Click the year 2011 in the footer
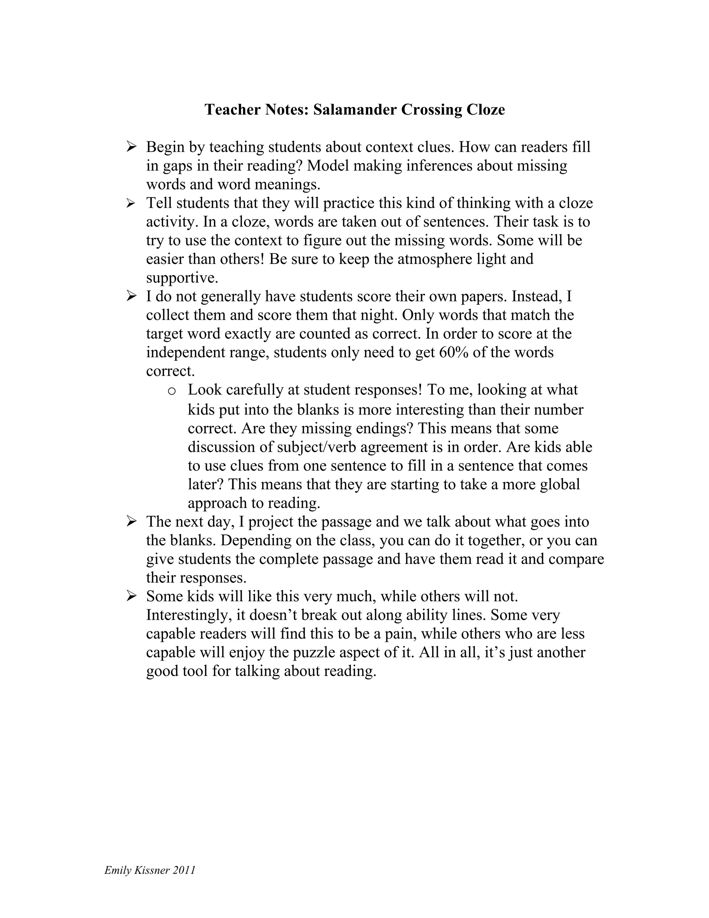tap(183, 870)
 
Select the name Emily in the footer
tap(118, 870)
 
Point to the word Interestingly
tap(189, 615)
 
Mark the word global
tap(559, 484)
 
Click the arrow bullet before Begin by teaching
tap(131, 147)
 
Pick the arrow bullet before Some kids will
tap(131, 596)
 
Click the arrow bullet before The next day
tap(131, 522)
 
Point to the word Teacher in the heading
tap(233, 110)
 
